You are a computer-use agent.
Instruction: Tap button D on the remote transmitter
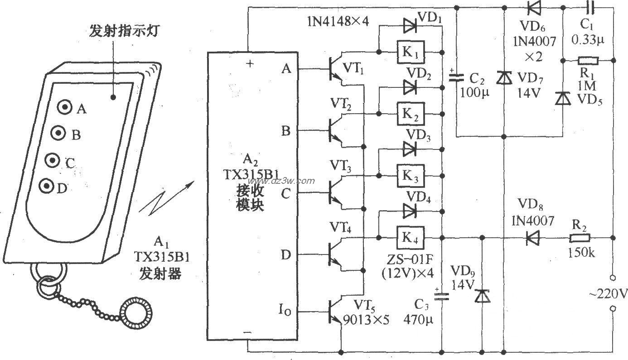point(46,186)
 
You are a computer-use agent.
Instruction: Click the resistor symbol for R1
point(588,60)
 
